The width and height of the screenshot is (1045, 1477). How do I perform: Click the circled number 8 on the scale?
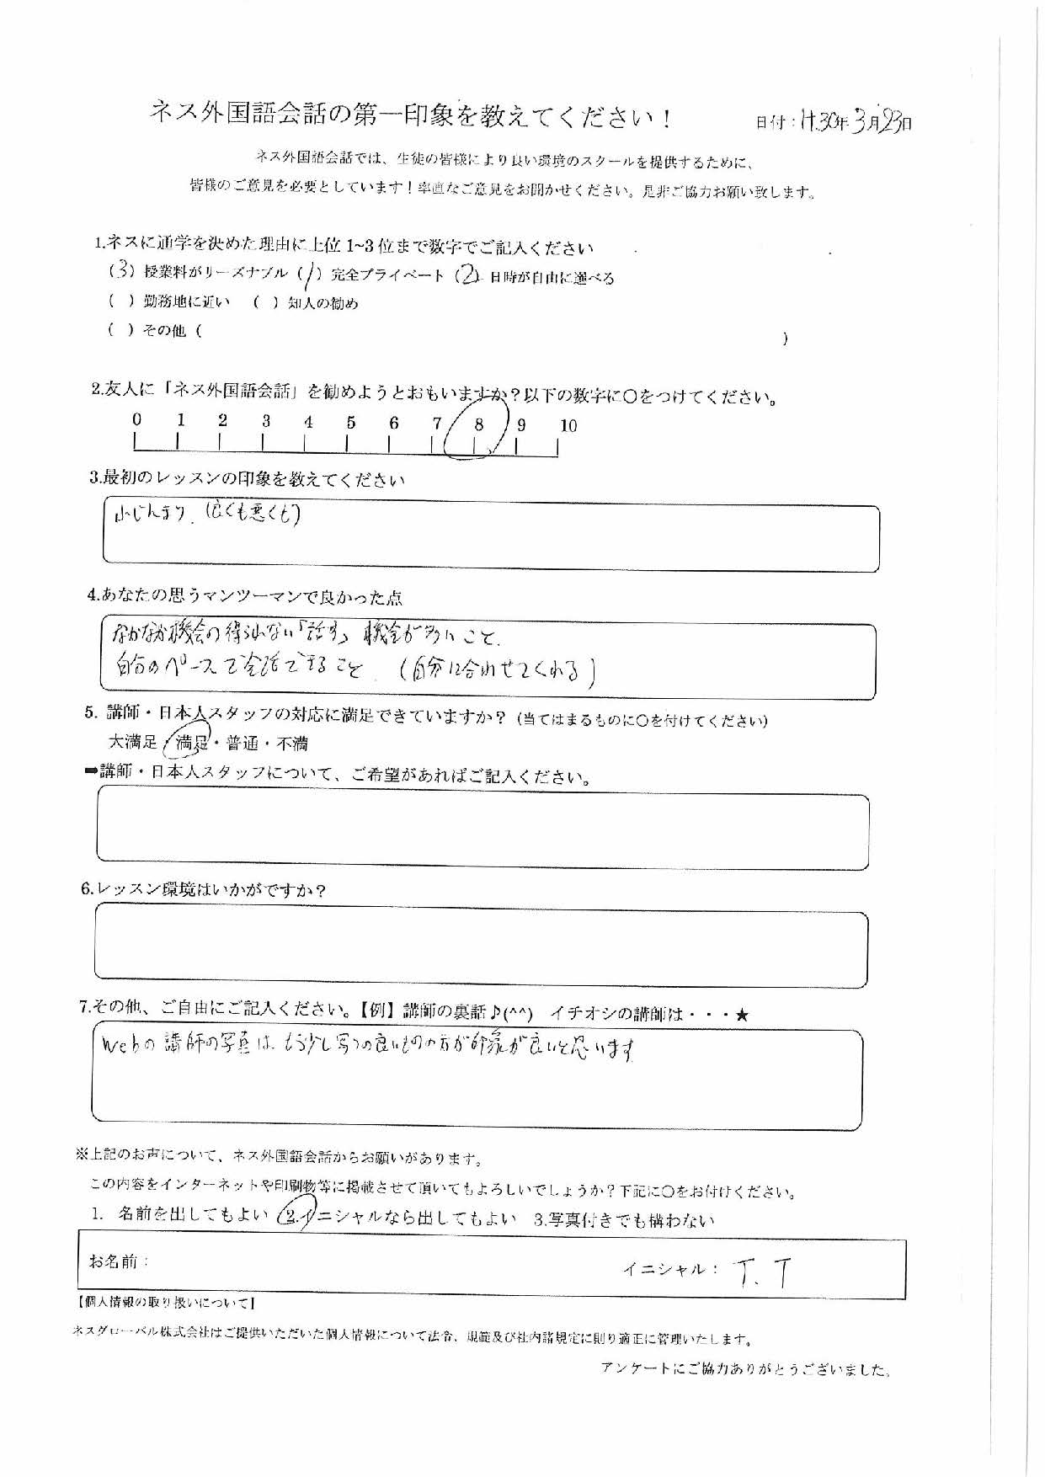pyautogui.click(x=478, y=426)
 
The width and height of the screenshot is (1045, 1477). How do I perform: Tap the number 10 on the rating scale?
pyautogui.click(x=568, y=426)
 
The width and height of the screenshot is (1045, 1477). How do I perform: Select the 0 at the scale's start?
pyautogui.click(x=136, y=419)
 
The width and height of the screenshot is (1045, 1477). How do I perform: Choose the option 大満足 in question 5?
pyautogui.click(x=133, y=743)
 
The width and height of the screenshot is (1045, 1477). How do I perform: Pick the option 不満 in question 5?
pyautogui.click(x=291, y=744)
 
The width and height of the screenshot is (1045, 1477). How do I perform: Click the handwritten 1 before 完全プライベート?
pyautogui.click(x=308, y=275)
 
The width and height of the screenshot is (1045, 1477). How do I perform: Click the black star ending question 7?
pyautogui.click(x=741, y=1016)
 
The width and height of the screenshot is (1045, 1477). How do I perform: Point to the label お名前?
pyautogui.click(x=119, y=1261)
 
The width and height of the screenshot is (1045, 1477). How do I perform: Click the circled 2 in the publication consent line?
pyautogui.click(x=293, y=1215)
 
